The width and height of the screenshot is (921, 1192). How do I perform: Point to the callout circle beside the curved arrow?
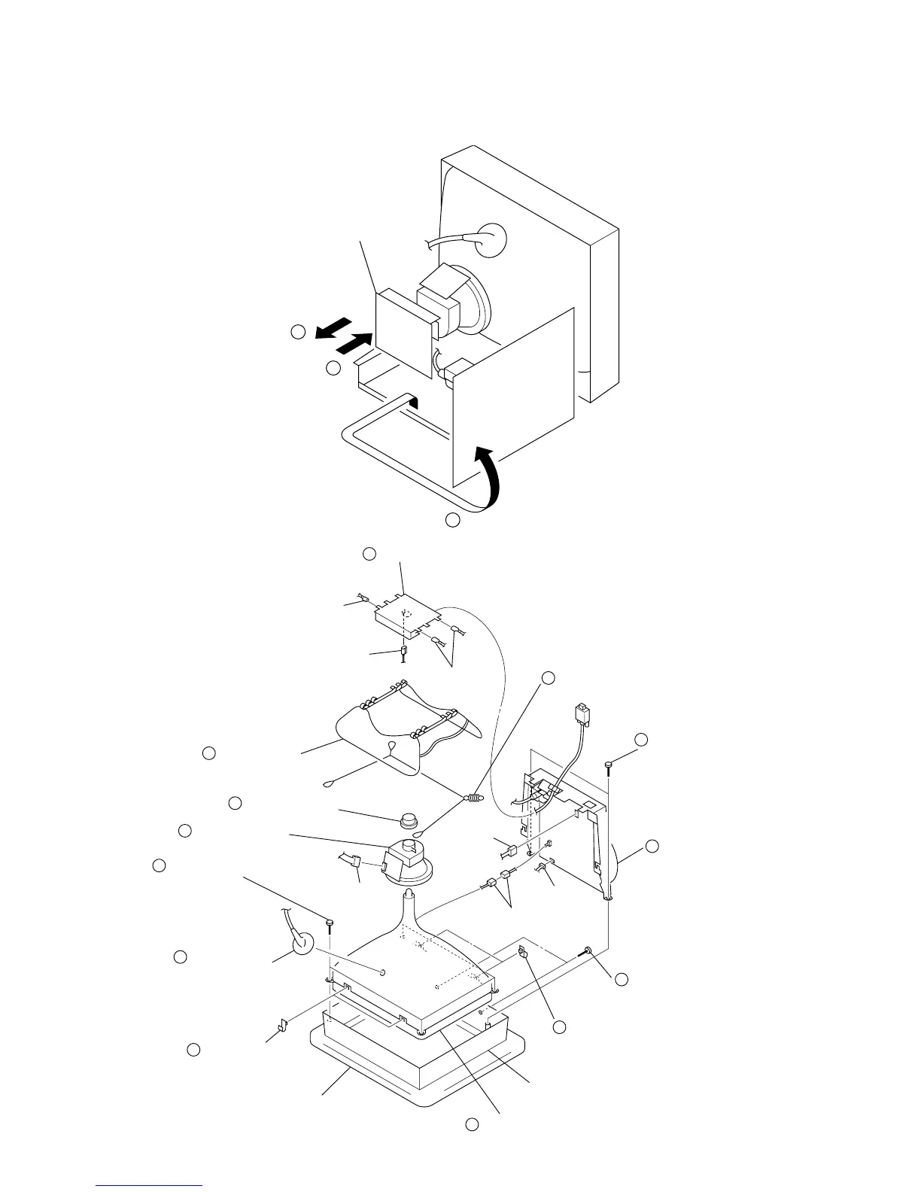pos(451,520)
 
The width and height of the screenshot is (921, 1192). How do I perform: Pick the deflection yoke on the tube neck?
pos(406,860)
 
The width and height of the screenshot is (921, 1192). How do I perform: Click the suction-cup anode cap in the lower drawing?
pos(302,943)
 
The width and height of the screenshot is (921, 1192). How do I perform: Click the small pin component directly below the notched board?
pos(403,654)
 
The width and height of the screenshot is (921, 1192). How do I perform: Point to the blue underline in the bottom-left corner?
pos(150,1186)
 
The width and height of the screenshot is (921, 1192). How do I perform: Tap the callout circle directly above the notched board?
pos(369,555)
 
